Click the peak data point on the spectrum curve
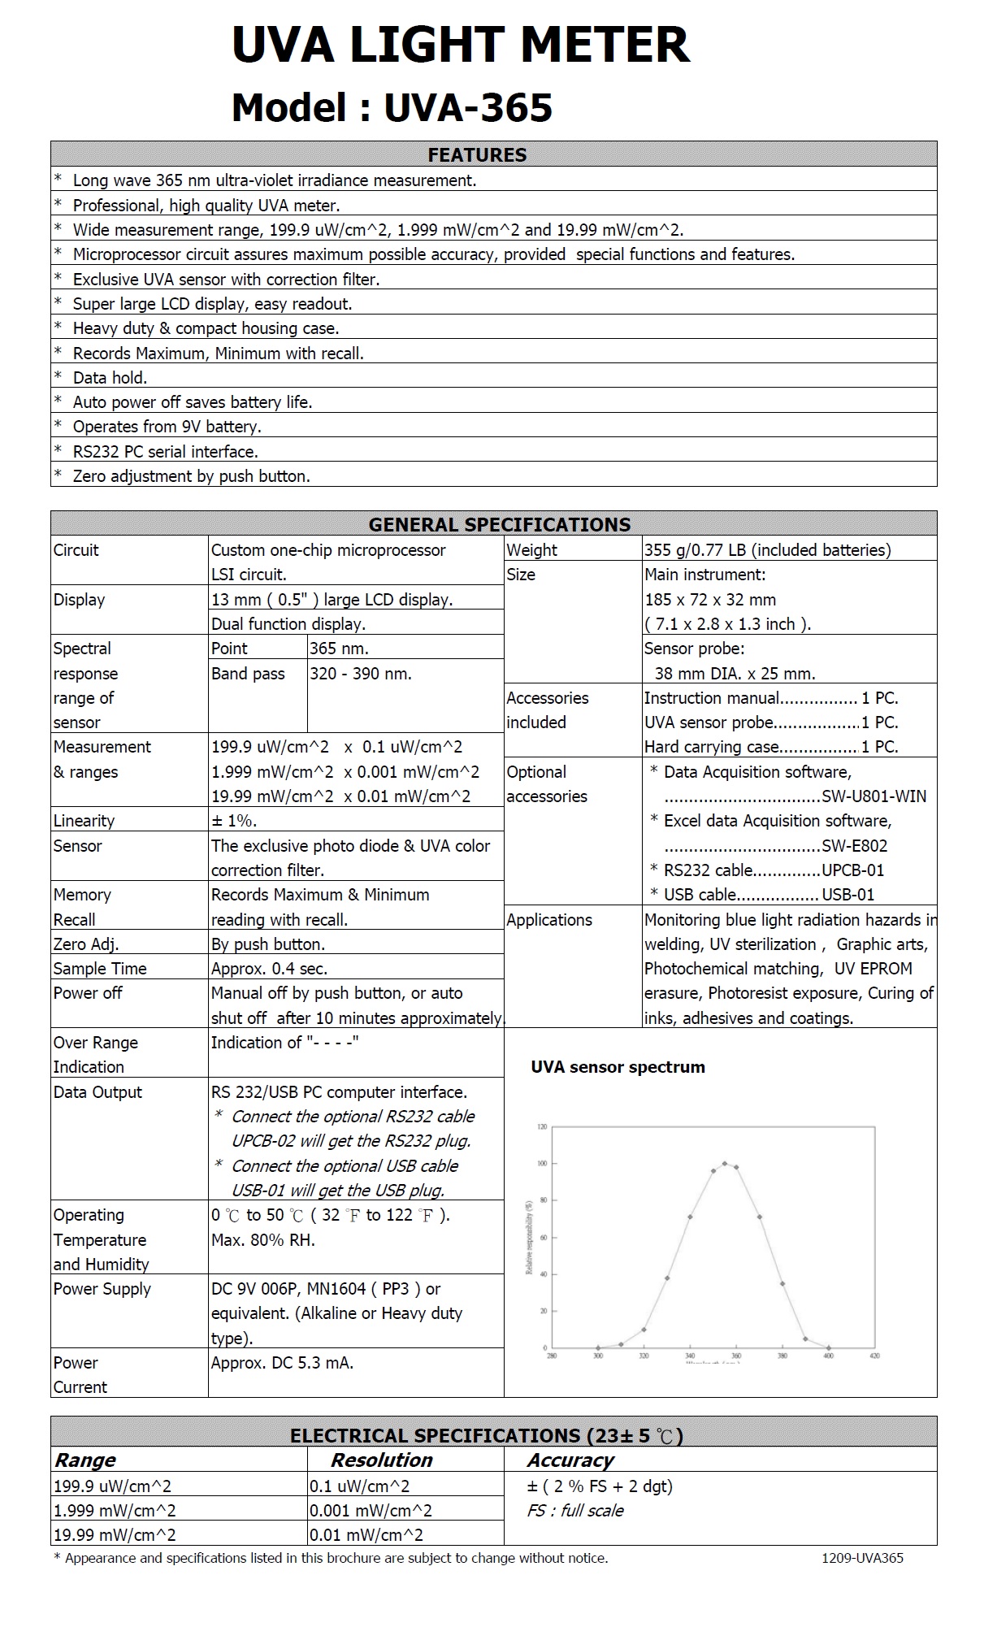(x=724, y=1164)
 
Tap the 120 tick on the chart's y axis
(x=542, y=1126)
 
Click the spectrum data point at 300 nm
(x=598, y=1347)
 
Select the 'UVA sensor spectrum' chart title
(x=618, y=1067)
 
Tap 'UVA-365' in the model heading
(x=468, y=108)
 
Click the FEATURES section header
(x=477, y=154)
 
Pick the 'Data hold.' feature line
(x=110, y=378)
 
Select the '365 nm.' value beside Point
(x=339, y=649)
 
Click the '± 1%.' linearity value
(x=234, y=821)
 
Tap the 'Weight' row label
(x=531, y=550)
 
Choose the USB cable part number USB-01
(x=848, y=895)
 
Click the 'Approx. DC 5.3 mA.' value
(x=282, y=1363)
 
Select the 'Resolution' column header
(x=381, y=1460)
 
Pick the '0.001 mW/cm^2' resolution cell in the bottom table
(x=371, y=1511)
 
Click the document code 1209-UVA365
(x=862, y=1558)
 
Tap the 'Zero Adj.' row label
(x=86, y=944)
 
